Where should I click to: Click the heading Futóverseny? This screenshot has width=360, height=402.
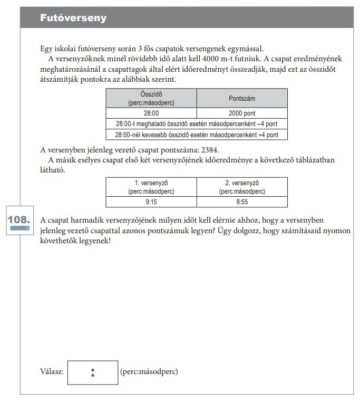(x=73, y=18)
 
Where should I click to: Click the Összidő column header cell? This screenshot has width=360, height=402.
(x=151, y=98)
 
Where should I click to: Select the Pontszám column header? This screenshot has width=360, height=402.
(x=242, y=98)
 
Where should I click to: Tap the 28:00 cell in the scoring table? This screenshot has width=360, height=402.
(x=151, y=113)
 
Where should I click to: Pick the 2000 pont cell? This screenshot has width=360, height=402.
(x=242, y=113)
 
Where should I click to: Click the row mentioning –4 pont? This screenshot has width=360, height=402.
(x=197, y=123)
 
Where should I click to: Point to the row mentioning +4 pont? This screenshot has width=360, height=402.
(x=197, y=135)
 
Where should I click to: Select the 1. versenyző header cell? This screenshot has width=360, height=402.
(x=151, y=187)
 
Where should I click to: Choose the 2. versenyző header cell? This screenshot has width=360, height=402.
(x=242, y=187)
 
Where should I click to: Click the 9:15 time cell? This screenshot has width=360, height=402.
(x=151, y=202)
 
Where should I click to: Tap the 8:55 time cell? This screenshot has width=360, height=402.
(x=242, y=202)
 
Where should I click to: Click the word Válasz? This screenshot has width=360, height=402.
(x=52, y=372)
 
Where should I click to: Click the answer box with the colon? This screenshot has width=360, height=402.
(x=93, y=372)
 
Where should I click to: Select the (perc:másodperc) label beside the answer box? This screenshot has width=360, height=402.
(x=149, y=372)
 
